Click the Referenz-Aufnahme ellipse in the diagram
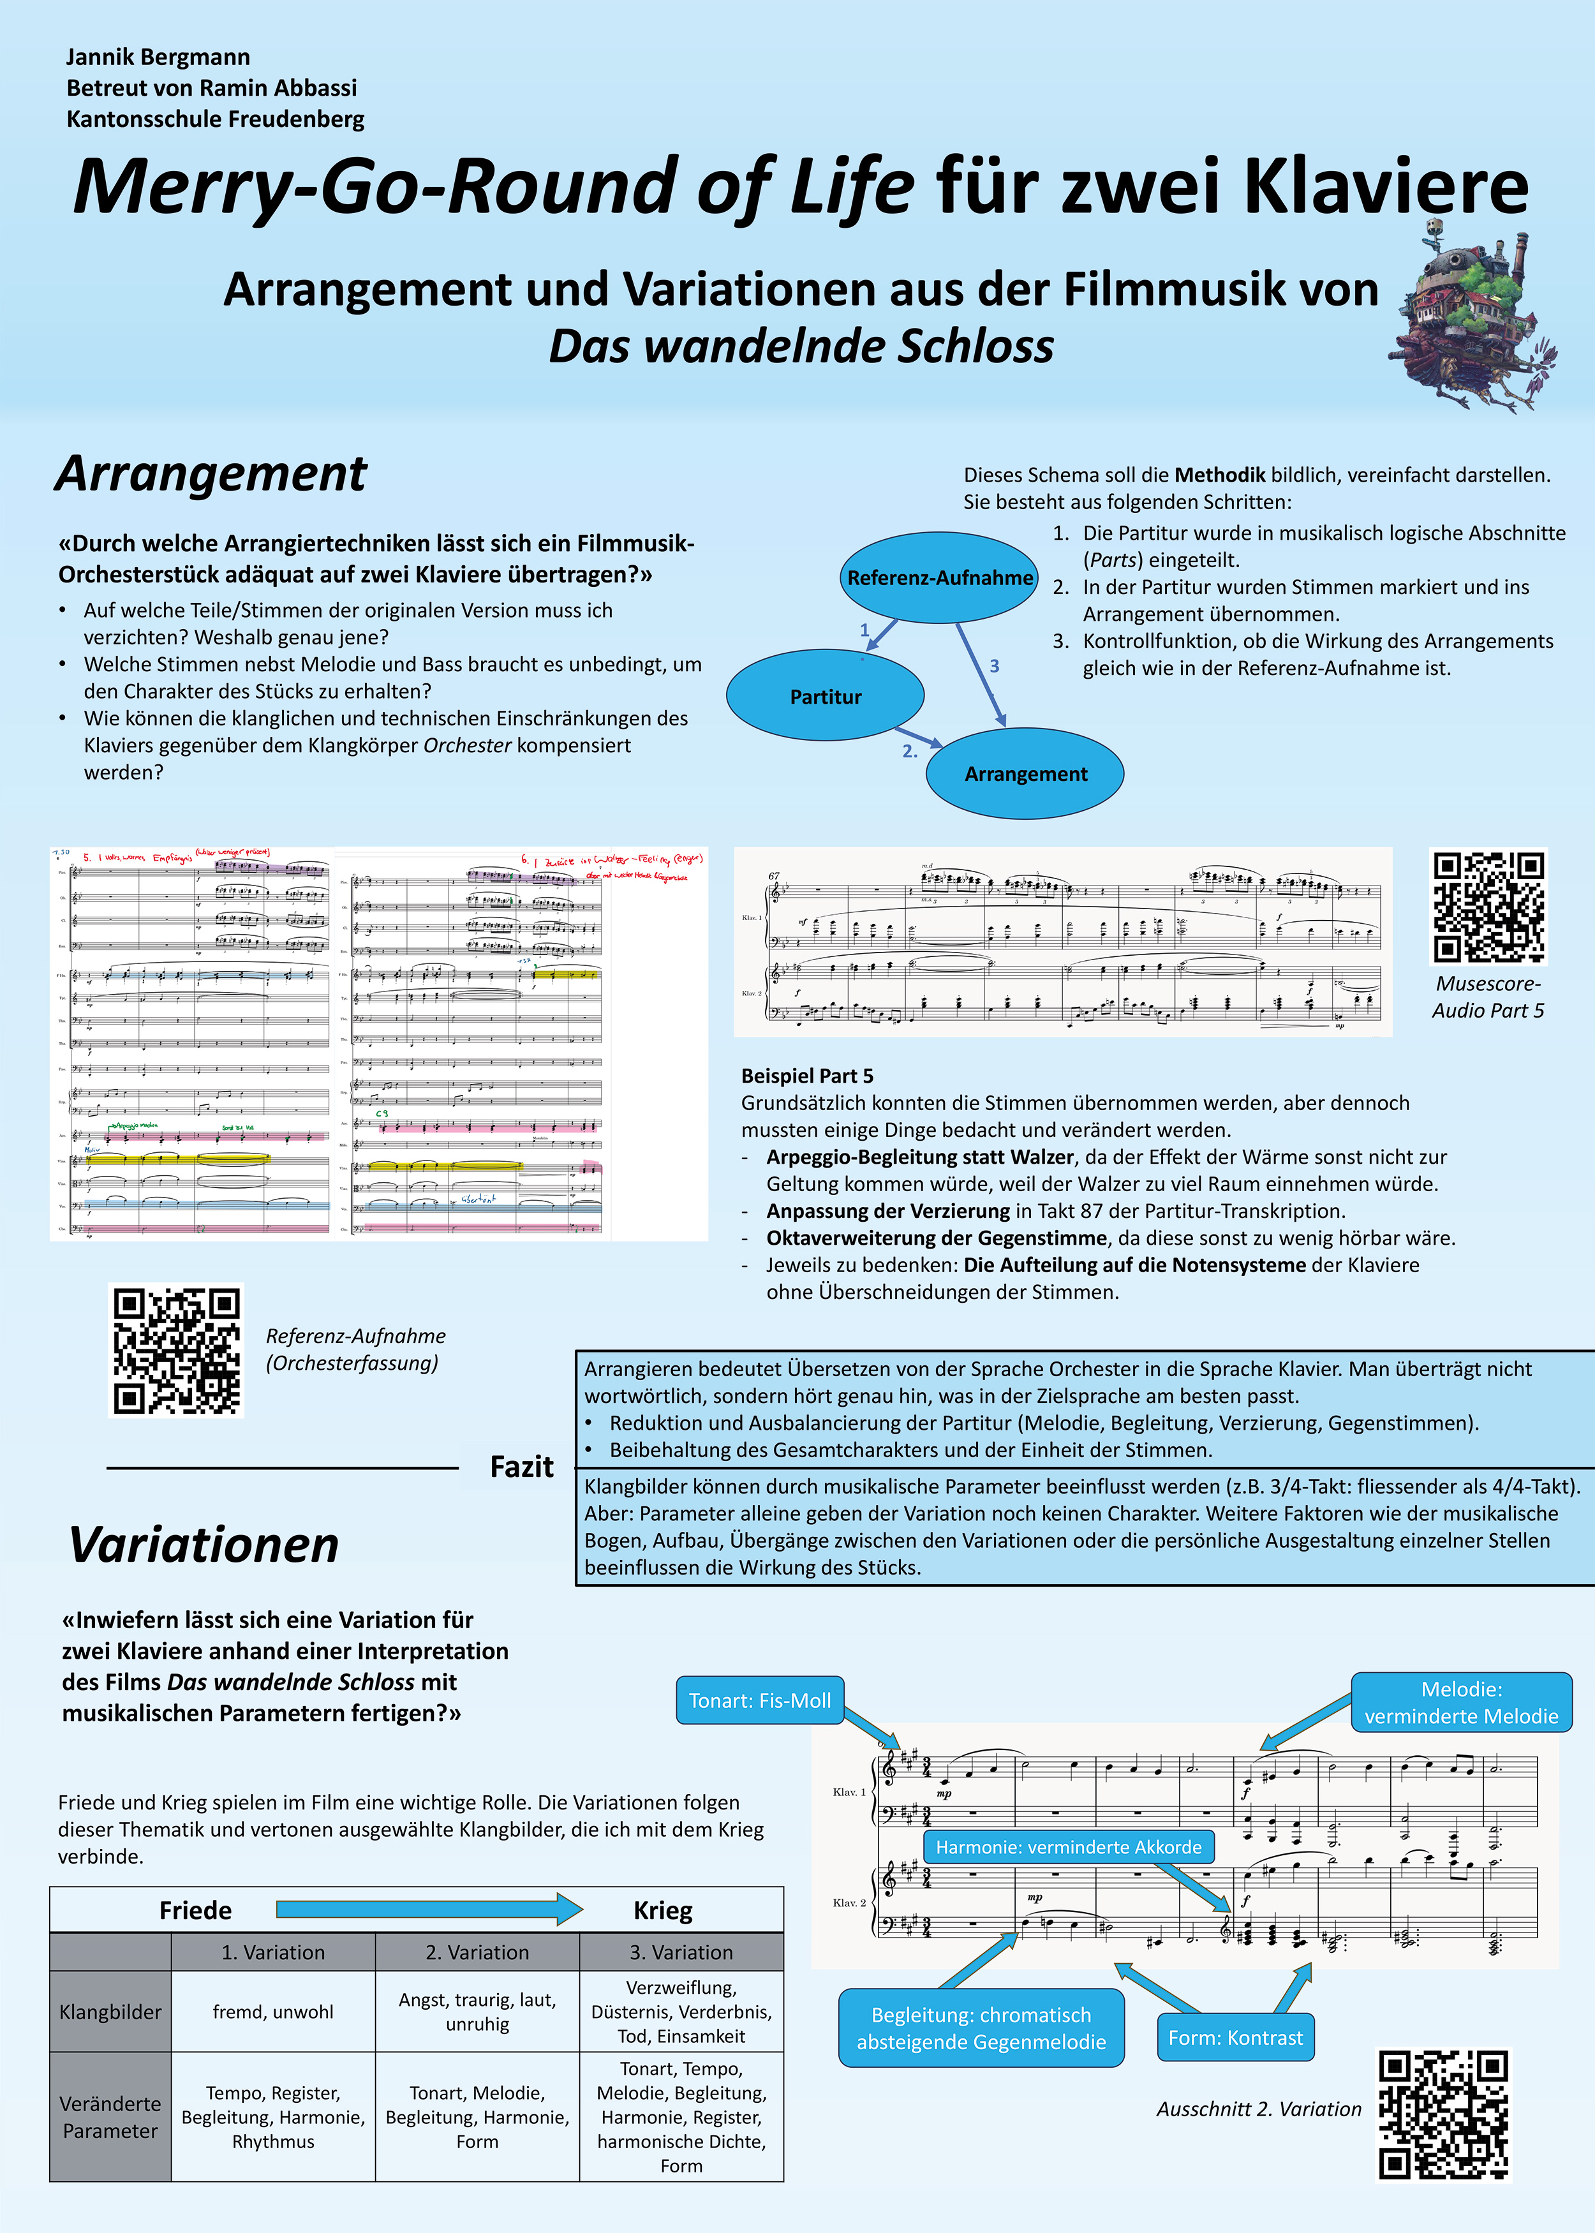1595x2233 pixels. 939,577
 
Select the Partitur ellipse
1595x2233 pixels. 825,696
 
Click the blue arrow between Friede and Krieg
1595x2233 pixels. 429,1909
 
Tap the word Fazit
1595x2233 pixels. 521,1467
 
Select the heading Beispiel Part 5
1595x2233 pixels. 806,1076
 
